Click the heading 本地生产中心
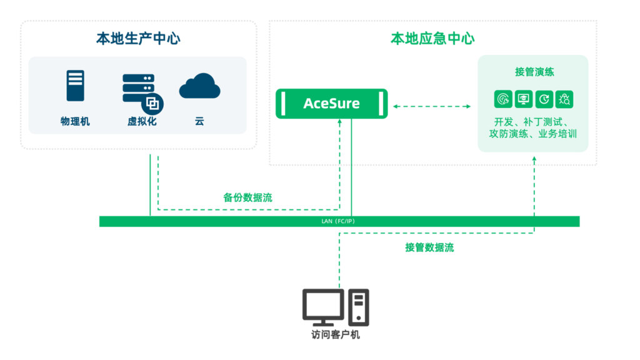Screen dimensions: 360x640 [138, 39]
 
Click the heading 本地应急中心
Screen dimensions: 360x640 [432, 39]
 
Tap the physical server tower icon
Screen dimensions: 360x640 [75, 86]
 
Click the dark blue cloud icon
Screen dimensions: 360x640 [199, 87]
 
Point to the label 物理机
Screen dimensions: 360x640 [75, 121]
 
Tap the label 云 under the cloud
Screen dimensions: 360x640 [199, 121]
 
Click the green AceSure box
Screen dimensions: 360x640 [331, 103]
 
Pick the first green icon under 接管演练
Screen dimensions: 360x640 [502, 99]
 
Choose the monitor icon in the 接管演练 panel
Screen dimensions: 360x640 [523, 99]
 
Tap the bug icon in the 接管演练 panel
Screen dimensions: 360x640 [564, 99]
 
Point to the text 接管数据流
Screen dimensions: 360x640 [429, 247]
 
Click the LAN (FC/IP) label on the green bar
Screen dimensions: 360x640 [339, 221]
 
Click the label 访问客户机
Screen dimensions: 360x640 [336, 334]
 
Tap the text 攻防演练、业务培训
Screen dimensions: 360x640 [533, 134]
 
